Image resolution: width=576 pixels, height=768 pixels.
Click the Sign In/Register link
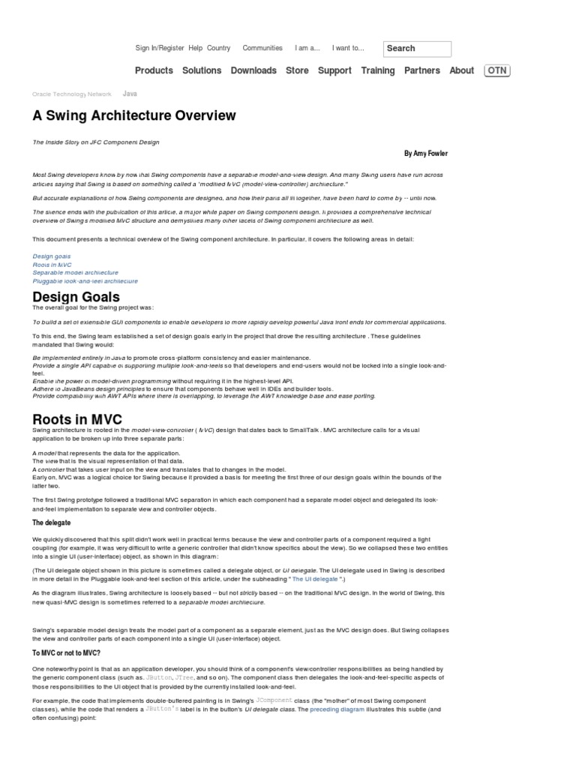click(159, 48)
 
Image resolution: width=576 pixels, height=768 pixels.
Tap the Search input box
click(417, 49)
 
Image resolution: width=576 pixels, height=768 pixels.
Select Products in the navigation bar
click(154, 70)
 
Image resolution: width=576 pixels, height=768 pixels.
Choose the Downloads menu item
click(253, 70)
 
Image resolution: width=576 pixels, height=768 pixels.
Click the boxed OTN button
click(496, 70)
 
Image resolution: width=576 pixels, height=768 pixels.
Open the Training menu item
click(377, 70)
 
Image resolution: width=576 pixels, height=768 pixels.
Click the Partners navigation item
click(422, 70)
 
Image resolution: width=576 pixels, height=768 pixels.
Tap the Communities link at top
click(262, 48)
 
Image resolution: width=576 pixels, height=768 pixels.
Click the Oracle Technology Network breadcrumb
click(72, 94)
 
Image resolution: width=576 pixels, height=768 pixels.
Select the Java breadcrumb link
click(130, 94)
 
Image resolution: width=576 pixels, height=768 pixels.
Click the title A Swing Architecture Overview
click(134, 115)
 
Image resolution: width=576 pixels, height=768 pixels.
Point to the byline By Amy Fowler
click(425, 154)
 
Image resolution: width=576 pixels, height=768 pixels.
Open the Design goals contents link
click(52, 256)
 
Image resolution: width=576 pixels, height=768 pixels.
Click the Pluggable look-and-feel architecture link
click(85, 281)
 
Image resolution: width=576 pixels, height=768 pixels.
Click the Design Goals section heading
click(76, 297)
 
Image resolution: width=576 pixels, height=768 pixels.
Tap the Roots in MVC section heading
click(77, 419)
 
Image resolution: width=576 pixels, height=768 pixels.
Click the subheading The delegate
click(52, 523)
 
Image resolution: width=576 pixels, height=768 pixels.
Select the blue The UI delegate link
click(315, 579)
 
